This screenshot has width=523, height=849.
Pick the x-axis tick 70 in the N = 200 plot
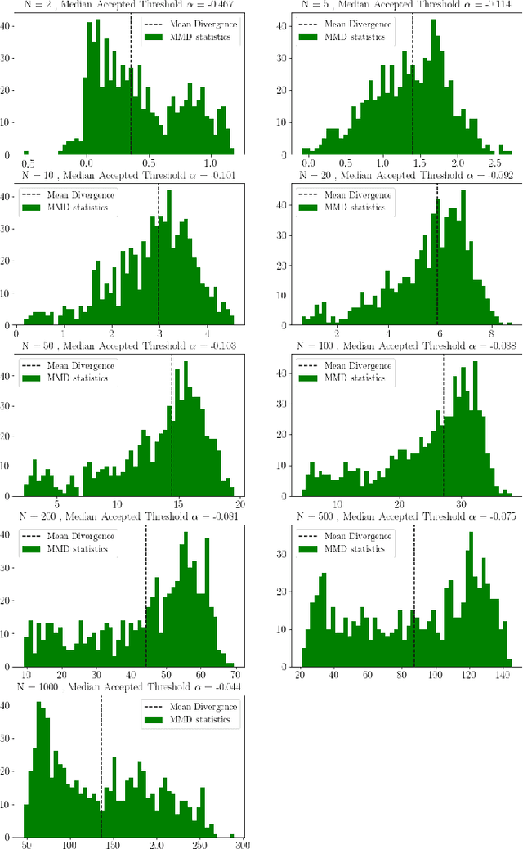click(235, 675)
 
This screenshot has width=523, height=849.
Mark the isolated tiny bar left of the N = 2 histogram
click(25, 152)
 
